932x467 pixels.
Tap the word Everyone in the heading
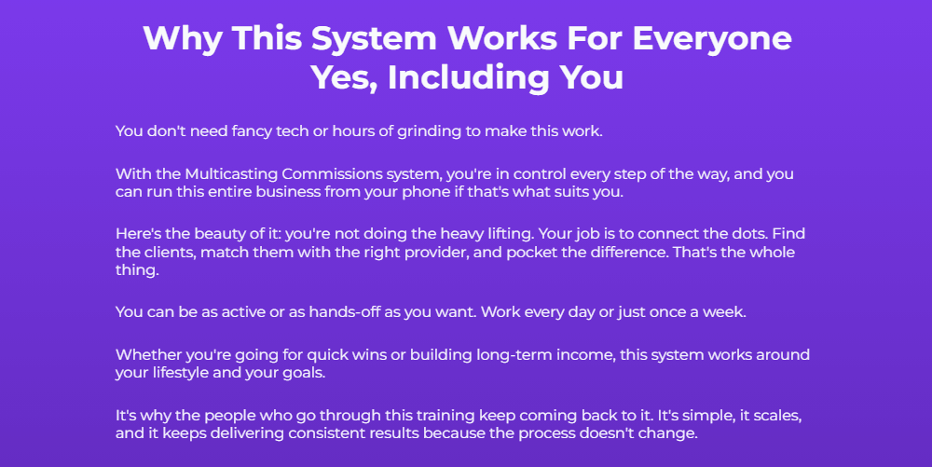(x=713, y=39)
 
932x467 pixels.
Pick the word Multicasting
(x=229, y=174)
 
